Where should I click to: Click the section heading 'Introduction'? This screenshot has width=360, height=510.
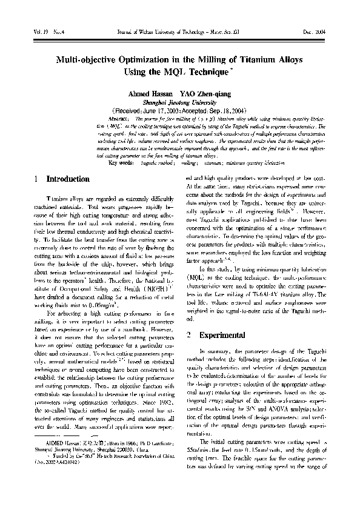pos(68,179)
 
